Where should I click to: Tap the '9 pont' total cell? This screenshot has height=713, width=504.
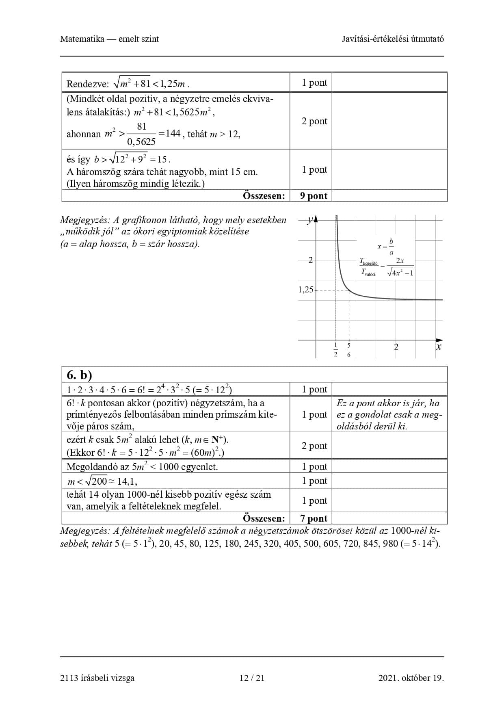pos(314,196)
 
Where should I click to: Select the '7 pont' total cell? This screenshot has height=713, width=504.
pos(314,518)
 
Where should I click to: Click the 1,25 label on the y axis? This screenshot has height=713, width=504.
pos(306,290)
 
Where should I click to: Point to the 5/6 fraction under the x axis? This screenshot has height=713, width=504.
pos(349,350)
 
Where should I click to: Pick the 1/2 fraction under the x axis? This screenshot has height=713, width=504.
pos(335,350)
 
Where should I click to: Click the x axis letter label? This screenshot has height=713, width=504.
pos(438,347)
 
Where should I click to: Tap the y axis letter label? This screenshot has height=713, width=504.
pos(310,220)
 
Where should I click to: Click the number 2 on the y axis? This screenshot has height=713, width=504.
pos(311,260)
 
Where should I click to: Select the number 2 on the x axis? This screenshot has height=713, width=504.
pos(396,347)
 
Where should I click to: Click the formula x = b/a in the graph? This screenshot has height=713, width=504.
pos(385,247)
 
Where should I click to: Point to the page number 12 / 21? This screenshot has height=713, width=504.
pos(252,678)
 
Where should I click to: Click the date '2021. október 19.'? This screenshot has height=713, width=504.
pos(411,678)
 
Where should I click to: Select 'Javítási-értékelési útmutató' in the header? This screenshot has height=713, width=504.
pos(393,39)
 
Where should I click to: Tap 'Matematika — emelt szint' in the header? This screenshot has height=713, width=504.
pos(109,39)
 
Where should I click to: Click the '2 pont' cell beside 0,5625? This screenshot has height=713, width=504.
pos(314,121)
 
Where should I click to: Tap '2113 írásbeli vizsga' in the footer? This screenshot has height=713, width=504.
pos(97,678)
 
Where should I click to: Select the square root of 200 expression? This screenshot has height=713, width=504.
pos(98,481)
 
